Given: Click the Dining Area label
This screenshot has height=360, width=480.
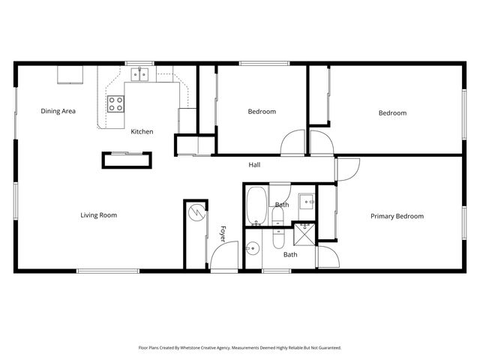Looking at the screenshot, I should coord(58,112).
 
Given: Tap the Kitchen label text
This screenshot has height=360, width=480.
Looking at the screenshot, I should coord(142,131).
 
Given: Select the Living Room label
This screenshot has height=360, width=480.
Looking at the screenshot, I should coord(99,215).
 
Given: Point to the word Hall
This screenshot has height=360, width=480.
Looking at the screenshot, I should coord(255,165).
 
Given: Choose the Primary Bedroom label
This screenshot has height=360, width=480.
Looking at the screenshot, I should coord(397,216).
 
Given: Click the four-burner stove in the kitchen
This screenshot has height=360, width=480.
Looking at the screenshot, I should coord(115,104).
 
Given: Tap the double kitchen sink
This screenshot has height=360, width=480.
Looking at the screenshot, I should coord(139,73).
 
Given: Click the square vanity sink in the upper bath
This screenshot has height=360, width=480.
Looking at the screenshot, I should coord(306,201).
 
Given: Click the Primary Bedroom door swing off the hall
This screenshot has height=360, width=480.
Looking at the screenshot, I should coord(347,169).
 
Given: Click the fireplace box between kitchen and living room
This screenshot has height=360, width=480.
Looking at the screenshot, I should coord(127,160).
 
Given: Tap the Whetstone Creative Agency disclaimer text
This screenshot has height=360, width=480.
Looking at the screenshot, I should coord(239,347).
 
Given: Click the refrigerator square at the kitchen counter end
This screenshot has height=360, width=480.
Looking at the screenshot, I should coord(187,120).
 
